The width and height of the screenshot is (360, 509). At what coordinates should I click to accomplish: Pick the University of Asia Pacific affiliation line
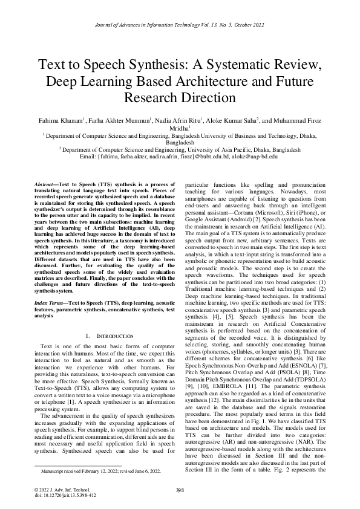click(179, 149)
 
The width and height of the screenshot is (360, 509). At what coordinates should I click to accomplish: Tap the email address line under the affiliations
click(179, 156)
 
